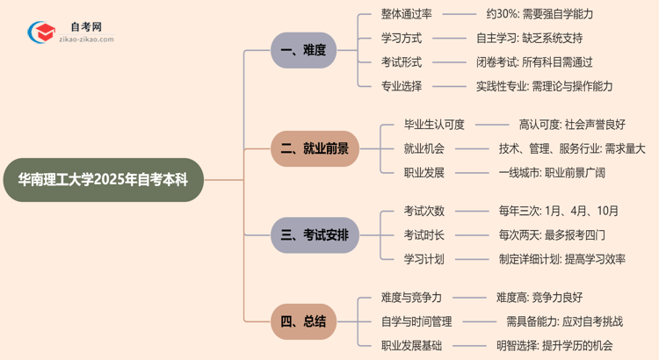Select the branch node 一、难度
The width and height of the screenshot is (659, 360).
coord(303,51)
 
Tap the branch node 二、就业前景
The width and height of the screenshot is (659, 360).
coord(315,148)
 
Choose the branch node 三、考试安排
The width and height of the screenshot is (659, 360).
coord(315,235)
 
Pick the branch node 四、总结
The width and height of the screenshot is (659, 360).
coord(303,321)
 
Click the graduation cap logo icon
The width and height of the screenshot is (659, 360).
coord(40,32)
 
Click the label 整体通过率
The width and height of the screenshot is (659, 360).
coord(406,15)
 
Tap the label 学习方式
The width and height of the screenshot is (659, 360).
coord(401,39)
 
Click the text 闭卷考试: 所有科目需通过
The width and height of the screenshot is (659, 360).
coord(534,62)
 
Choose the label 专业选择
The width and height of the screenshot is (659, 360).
coord(401,86)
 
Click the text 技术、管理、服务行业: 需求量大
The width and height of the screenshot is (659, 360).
coord(571,148)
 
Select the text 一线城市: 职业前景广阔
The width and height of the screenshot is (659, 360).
coord(551,172)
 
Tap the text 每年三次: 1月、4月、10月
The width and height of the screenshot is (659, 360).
coord(558,212)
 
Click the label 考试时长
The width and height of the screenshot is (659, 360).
coord(424,235)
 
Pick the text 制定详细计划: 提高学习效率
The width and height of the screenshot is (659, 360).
coord(561,259)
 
